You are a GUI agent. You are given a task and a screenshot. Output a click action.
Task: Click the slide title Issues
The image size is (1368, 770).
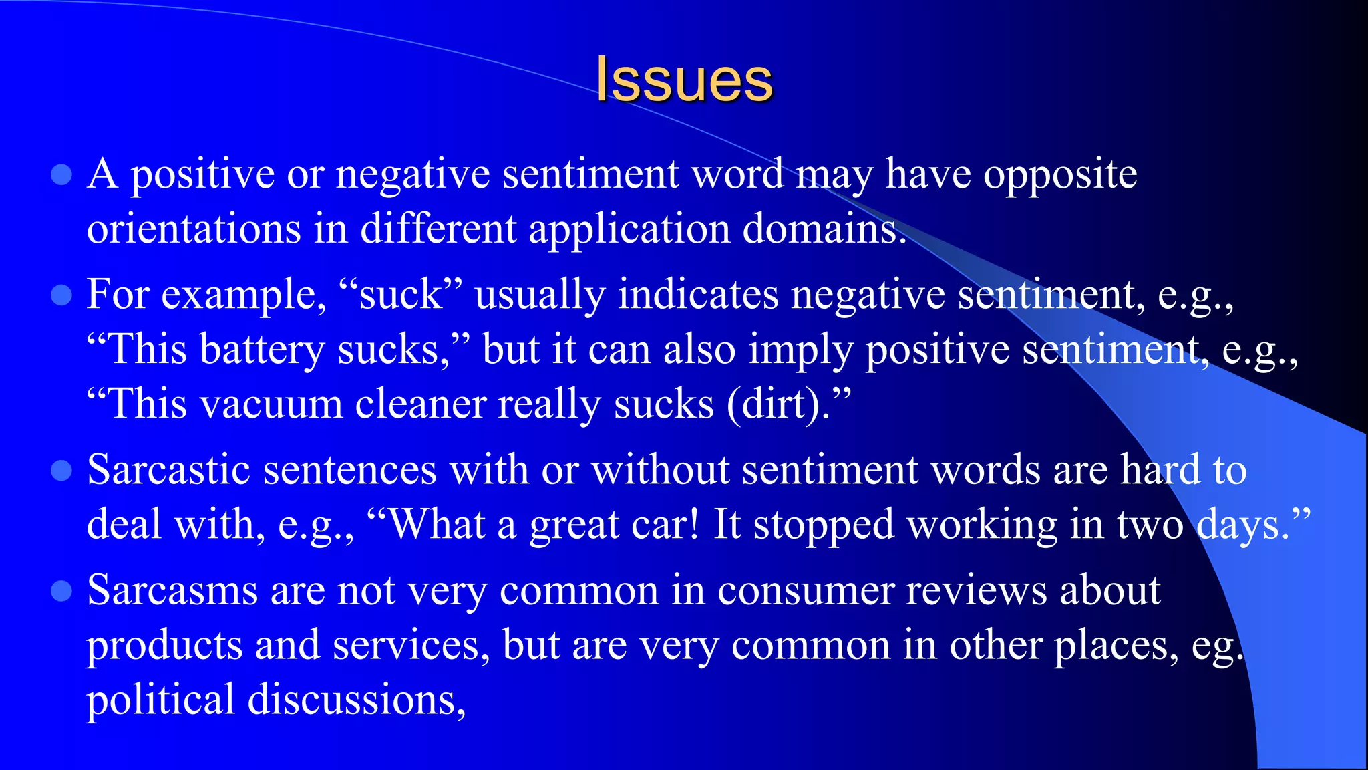coord(684,80)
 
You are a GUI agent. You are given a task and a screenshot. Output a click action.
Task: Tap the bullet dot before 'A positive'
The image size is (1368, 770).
coord(61,175)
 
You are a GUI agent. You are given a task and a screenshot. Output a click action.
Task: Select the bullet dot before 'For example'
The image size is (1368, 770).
coord(61,295)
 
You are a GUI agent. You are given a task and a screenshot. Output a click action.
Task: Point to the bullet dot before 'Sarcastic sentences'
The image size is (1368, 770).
coord(61,470)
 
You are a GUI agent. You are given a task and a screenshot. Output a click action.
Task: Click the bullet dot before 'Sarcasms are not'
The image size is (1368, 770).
coord(61,591)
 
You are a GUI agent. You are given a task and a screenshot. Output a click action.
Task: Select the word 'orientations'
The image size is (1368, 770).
coord(194,229)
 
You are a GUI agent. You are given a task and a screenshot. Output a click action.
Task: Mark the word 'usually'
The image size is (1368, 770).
coord(540,295)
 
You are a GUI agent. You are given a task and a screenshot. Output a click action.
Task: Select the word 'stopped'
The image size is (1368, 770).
coord(823,525)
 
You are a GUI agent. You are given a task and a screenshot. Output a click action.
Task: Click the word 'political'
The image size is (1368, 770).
coord(160,700)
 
